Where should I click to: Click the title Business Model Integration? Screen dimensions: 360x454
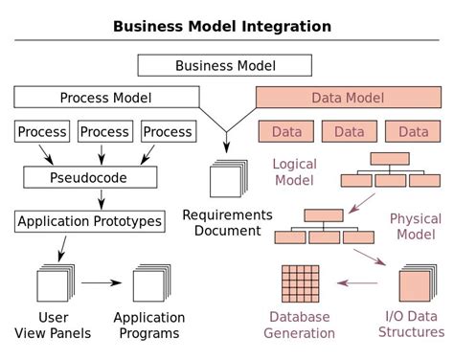(x=222, y=26)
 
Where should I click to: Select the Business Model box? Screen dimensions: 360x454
(x=225, y=65)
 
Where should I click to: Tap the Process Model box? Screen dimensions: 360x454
(x=105, y=98)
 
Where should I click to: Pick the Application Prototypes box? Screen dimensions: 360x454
(x=89, y=221)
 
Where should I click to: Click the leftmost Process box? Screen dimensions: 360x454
(x=42, y=131)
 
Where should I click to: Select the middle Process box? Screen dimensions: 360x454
(x=104, y=131)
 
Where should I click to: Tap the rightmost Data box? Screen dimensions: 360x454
(x=413, y=131)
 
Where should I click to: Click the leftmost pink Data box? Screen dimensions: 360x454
(x=286, y=131)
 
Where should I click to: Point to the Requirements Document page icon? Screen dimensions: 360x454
(x=227, y=179)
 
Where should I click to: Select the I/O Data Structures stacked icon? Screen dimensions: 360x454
(x=415, y=284)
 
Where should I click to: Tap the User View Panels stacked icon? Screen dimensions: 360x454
(x=54, y=284)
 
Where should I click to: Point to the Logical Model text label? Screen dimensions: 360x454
(x=294, y=172)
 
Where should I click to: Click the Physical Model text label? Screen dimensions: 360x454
(x=415, y=226)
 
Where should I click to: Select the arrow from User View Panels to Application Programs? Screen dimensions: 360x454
(x=102, y=283)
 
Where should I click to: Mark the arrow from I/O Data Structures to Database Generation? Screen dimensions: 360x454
(x=358, y=283)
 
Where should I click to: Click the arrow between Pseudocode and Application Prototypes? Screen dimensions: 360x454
(x=102, y=199)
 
